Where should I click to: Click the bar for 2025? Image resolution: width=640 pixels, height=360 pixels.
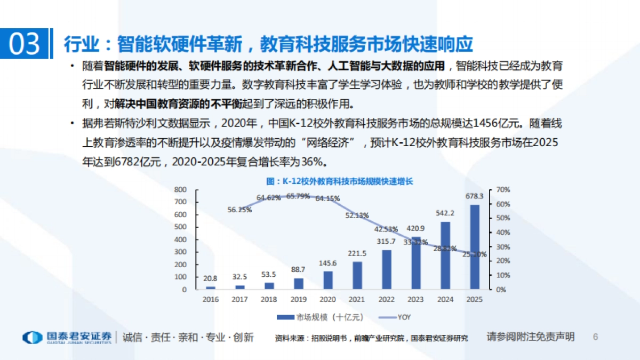tap(475, 247)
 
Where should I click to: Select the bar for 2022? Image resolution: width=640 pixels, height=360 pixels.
tap(387, 270)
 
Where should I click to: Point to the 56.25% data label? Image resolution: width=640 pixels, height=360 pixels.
tap(239, 210)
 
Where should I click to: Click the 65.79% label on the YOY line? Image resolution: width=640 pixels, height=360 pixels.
tap(298, 196)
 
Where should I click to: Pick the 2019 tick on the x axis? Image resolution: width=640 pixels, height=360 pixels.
tap(299, 300)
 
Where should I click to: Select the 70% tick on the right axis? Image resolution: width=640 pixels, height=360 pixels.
tap(503, 189)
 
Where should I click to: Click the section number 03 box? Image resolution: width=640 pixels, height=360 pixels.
tap(25, 44)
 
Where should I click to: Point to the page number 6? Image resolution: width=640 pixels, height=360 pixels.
tap(596, 337)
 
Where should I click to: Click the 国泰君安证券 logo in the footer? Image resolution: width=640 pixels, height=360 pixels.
tap(67, 337)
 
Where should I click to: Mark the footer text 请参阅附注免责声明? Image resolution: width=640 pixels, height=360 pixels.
tap(531, 337)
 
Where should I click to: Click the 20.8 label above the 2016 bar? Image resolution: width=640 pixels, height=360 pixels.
tap(210, 278)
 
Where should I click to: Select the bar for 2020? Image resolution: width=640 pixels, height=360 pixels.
tap(328, 281)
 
